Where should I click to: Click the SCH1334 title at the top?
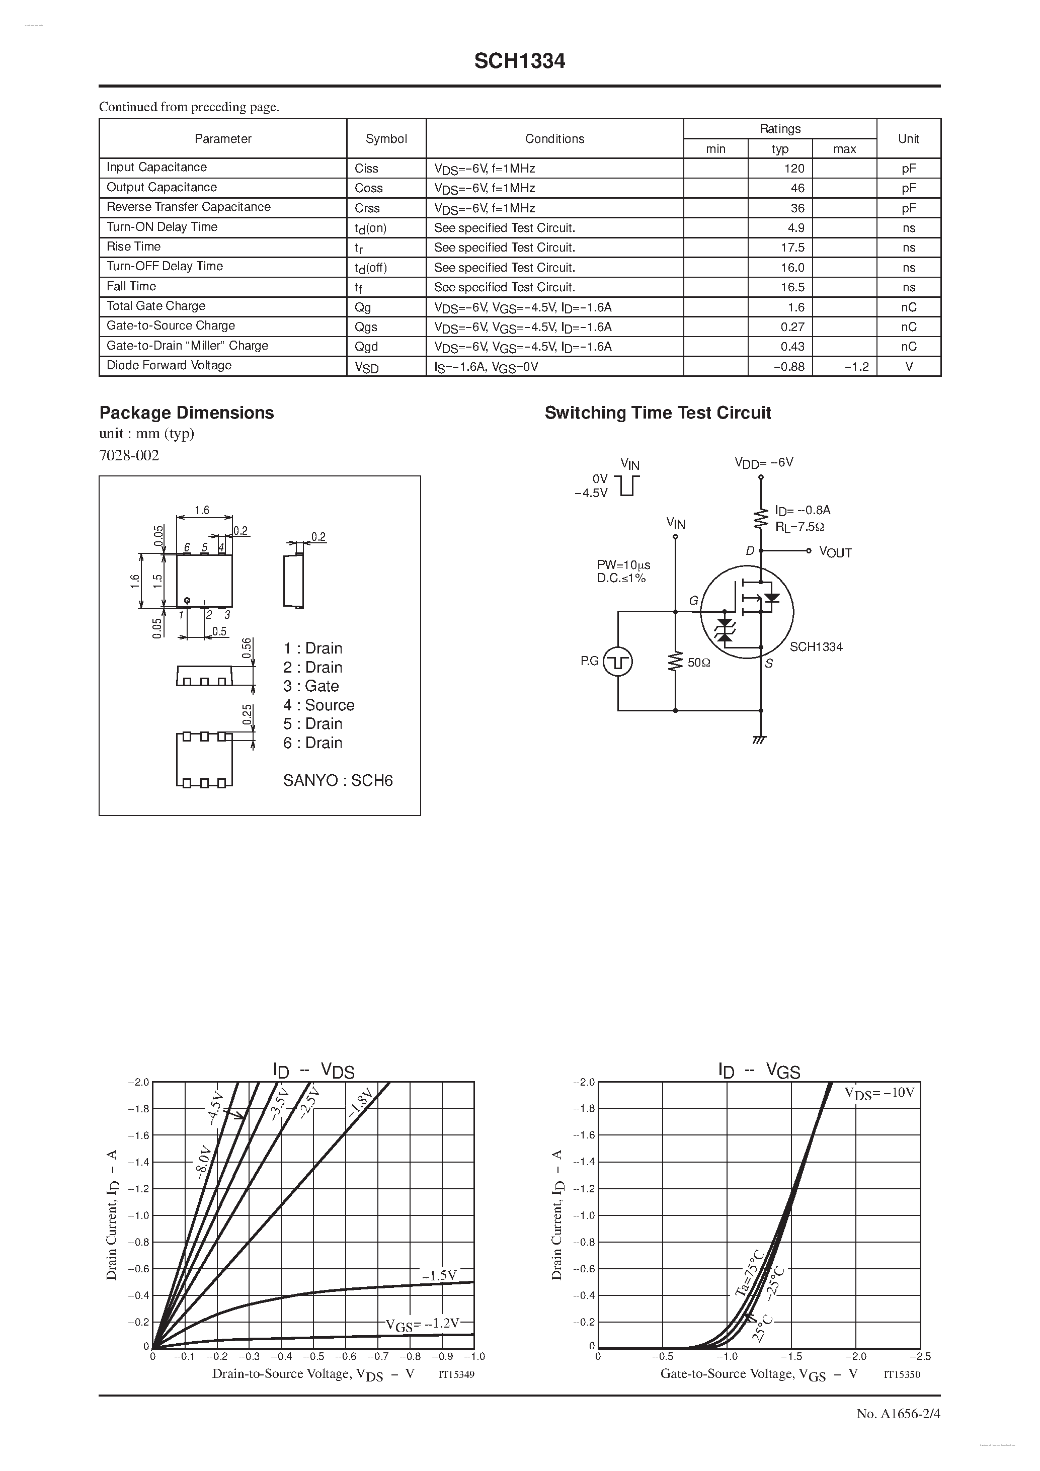pos(519,61)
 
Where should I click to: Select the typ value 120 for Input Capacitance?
pos(793,169)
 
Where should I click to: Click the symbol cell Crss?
pos(367,208)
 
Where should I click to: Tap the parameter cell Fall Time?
pos(131,286)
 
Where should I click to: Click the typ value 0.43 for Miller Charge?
pos(792,347)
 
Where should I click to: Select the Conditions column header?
pos(554,138)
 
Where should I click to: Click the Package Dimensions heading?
pos(187,413)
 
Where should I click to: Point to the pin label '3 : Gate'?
pos(311,686)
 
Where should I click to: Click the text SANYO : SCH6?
pos(338,780)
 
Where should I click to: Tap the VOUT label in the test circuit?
pos(835,553)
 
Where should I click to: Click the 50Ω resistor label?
pos(698,663)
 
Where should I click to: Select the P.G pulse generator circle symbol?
pos(618,662)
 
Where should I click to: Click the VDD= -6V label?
pos(763,462)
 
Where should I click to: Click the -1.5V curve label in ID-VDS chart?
pos(439,1276)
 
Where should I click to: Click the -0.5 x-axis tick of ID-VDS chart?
pos(313,1356)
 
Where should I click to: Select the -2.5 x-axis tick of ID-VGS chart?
pos(920,1356)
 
